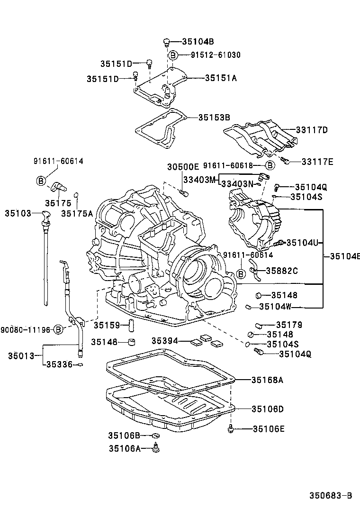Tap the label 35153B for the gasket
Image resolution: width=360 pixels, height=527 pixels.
214,117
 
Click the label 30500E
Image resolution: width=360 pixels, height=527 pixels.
183,167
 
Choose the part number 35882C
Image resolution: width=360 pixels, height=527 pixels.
281,271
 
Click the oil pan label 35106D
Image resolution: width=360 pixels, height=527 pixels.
268,409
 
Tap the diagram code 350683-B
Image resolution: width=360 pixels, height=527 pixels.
331,496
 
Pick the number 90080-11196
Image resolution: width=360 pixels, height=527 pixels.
25,329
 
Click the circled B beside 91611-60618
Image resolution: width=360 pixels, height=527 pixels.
269,165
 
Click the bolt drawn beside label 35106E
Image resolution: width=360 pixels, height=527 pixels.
231,429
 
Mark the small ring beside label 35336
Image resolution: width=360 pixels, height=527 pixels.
81,364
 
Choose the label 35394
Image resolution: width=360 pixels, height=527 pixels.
165,341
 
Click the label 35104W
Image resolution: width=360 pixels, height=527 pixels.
275,307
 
